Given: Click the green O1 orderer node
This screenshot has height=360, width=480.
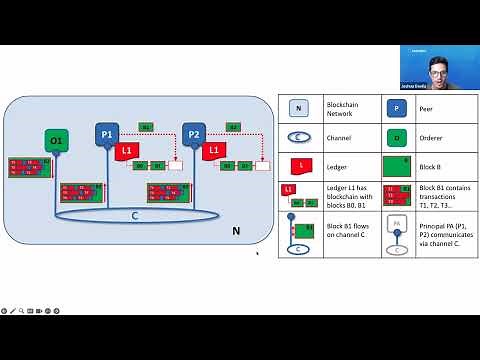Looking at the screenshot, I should coord(56,140).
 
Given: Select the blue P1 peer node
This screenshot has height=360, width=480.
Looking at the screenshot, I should coord(107,133).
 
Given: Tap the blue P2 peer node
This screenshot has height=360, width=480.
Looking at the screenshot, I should coord(194,133).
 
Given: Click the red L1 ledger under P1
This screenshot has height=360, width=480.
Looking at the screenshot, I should coord(124,151).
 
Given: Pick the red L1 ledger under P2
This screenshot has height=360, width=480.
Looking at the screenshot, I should coord(213,151).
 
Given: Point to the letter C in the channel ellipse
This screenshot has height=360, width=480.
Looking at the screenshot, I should coord(135,215).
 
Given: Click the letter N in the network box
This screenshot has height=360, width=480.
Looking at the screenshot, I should coord(236,231).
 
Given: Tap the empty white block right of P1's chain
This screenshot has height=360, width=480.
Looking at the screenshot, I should coord(176,165).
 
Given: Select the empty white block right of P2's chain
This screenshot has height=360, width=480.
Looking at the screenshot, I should coord(262,165).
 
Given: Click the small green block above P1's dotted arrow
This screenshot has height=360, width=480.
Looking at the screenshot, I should coord(146,127).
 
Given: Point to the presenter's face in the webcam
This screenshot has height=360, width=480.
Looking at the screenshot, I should coord(438,72).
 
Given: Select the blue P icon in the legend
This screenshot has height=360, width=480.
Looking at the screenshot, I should coord(397,108).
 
